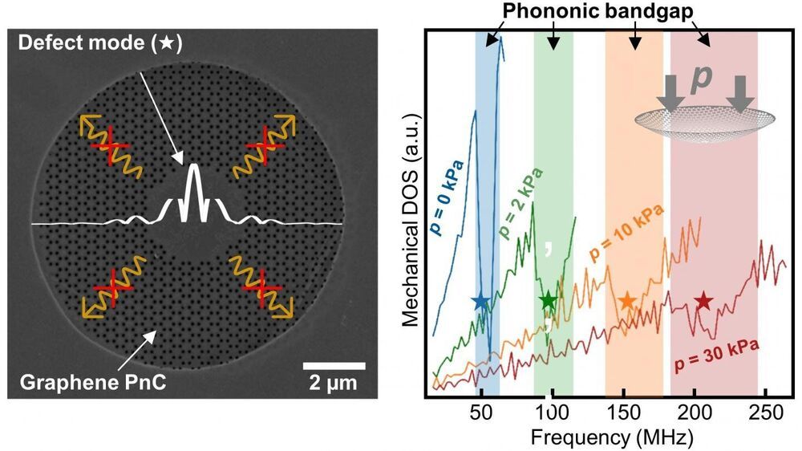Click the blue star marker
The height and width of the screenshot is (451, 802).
(480, 302)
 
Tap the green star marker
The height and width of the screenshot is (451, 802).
(548, 302)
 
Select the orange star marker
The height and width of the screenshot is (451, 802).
(627, 302)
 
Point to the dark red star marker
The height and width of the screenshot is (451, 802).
(703, 302)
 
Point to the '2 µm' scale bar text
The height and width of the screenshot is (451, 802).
(334, 386)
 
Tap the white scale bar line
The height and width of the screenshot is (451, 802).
(334, 367)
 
